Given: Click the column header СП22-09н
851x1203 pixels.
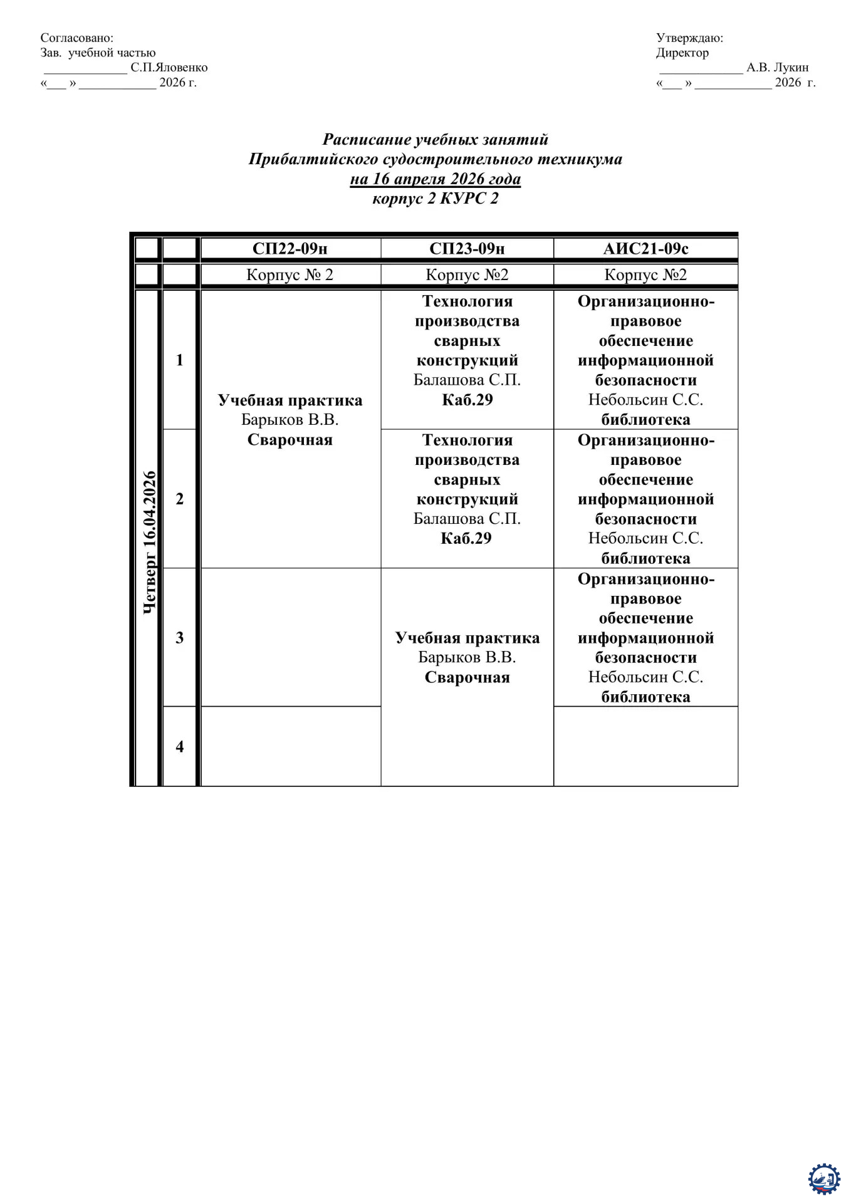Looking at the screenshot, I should tap(290, 249).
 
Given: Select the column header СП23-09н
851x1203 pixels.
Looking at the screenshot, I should tap(467, 249).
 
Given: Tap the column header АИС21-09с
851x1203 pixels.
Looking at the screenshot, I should tap(645, 249).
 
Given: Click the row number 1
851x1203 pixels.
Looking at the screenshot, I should tap(180, 360).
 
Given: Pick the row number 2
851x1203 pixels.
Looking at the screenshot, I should tap(180, 499).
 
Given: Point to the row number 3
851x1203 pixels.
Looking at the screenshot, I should tap(180, 637).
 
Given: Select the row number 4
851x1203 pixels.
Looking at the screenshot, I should tap(180, 746).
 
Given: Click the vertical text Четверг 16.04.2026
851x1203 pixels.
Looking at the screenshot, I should tap(149, 542).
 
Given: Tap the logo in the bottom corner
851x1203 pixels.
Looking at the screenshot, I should tap(823, 1179).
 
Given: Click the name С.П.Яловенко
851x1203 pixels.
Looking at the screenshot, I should tap(169, 68).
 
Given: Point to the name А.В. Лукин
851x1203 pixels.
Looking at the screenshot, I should tap(777, 68).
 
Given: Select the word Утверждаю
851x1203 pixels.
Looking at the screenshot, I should tap(689, 38).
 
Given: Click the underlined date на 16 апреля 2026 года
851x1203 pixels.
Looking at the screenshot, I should tap(435, 179).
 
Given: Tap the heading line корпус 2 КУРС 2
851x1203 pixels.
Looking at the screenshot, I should tap(435, 199).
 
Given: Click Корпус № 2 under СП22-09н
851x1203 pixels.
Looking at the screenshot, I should tap(290, 275).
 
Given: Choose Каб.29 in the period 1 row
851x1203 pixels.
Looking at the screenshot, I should tap(467, 400).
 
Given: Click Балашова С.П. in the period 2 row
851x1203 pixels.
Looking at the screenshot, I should tap(467, 519).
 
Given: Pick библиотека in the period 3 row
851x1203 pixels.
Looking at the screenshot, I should tap(645, 697).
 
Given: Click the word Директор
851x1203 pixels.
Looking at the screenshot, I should tap(682, 53).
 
